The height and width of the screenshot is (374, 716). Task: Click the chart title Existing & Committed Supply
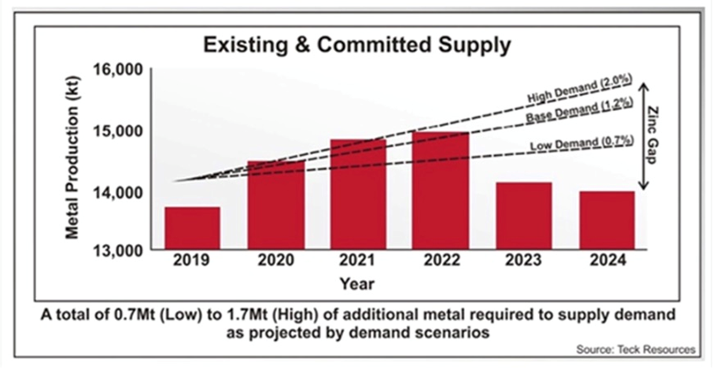[x=357, y=45]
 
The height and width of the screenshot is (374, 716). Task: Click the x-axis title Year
[x=357, y=282]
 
